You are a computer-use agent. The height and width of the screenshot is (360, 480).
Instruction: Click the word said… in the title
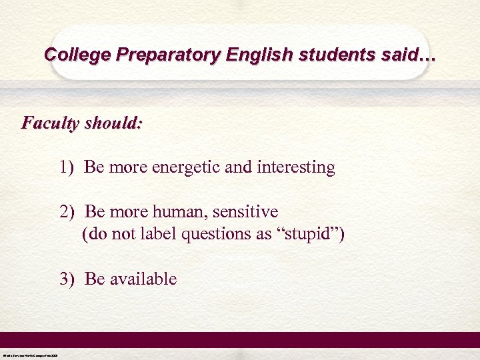[x=408, y=54]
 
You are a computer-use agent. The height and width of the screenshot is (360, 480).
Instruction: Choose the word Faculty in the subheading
[x=51, y=123]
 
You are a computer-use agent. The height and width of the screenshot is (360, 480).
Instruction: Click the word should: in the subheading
[x=113, y=123]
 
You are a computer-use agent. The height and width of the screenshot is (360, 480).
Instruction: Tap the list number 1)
[x=68, y=167]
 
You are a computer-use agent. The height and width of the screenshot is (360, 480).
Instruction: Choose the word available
[x=143, y=279]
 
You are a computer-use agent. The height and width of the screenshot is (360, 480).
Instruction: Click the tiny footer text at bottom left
[x=30, y=355]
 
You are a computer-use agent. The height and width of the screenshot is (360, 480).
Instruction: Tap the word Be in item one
[x=94, y=167]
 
